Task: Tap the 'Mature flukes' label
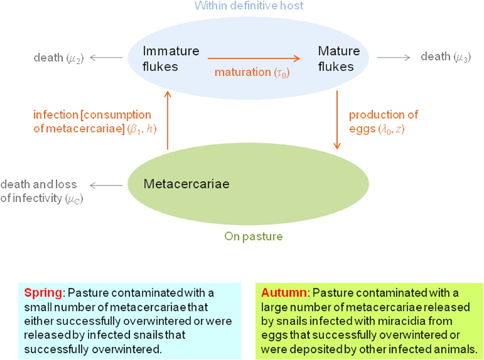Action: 339,58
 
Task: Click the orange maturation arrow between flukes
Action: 254,58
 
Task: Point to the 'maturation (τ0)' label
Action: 252,73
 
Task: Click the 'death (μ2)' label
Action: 58,58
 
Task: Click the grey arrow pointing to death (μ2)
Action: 106,58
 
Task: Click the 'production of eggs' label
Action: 383,121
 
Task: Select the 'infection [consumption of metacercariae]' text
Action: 92,122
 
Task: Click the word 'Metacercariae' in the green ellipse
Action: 186,185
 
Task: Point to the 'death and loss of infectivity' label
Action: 42,191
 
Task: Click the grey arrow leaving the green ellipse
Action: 106,185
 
